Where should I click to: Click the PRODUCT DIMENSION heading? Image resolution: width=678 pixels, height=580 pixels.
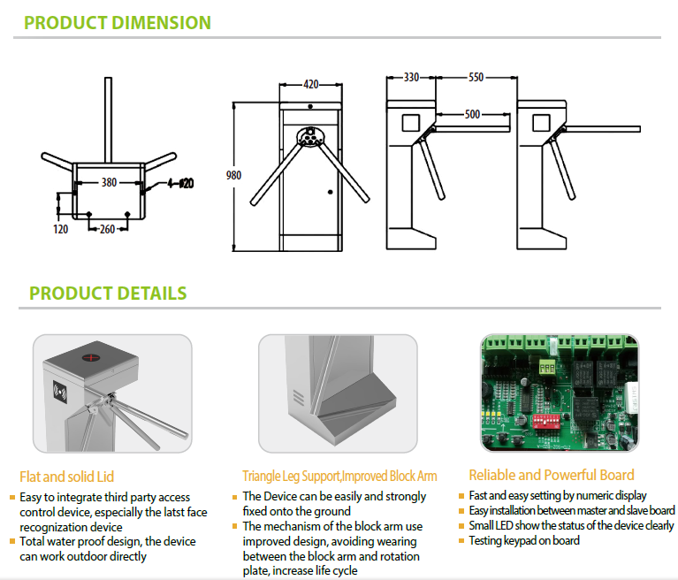(118, 22)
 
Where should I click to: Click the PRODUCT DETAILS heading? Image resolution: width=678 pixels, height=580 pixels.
(108, 293)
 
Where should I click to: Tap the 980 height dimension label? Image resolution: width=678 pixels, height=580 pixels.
(233, 175)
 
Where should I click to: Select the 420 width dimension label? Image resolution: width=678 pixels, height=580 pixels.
(310, 85)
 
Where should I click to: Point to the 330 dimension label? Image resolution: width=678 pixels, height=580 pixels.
(411, 78)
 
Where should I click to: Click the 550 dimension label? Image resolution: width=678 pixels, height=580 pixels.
(476, 78)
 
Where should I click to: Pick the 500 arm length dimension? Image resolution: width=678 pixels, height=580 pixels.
(471, 114)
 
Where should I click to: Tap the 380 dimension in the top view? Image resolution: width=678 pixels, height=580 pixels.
(109, 183)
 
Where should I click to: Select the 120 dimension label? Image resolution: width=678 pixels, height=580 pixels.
(61, 228)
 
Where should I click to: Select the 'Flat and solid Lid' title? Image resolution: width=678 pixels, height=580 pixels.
(66, 477)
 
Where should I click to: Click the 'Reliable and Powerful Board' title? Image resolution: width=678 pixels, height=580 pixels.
(552, 475)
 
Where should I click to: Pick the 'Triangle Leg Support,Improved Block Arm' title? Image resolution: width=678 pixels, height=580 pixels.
(339, 477)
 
